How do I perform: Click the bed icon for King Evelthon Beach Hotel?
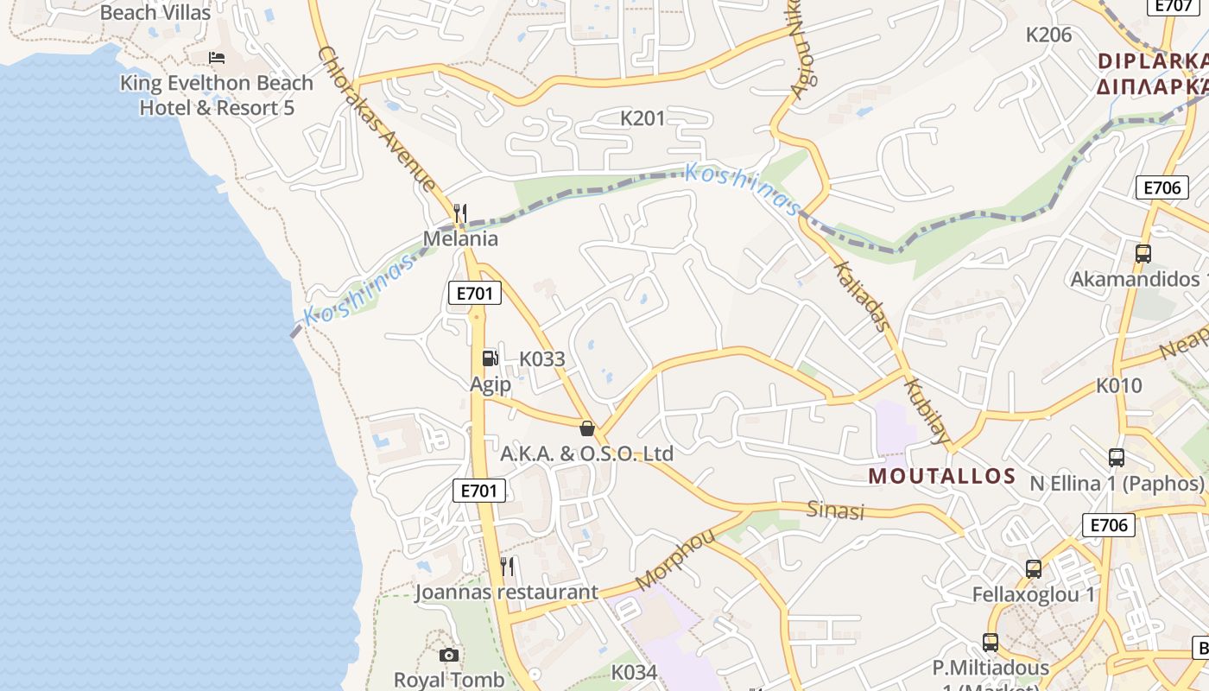point(217,58)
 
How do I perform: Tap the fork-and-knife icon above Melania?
point(460,212)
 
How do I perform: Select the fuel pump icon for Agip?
point(490,358)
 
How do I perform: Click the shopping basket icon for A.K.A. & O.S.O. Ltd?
point(587,428)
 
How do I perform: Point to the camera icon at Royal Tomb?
point(448,656)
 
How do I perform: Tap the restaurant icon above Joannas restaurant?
point(507,567)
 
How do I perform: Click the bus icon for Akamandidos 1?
point(1143,254)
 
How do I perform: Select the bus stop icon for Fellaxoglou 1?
point(1034,569)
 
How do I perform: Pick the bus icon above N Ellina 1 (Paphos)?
point(1117,458)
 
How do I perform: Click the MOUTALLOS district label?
point(941,476)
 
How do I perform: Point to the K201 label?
point(643,118)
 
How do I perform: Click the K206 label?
point(1048,35)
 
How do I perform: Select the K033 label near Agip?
point(541,359)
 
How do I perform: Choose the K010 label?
point(1119,386)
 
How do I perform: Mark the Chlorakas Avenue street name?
point(376,118)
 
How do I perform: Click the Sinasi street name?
point(835,510)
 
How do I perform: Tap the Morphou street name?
point(675,559)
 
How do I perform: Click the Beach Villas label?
point(155,13)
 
